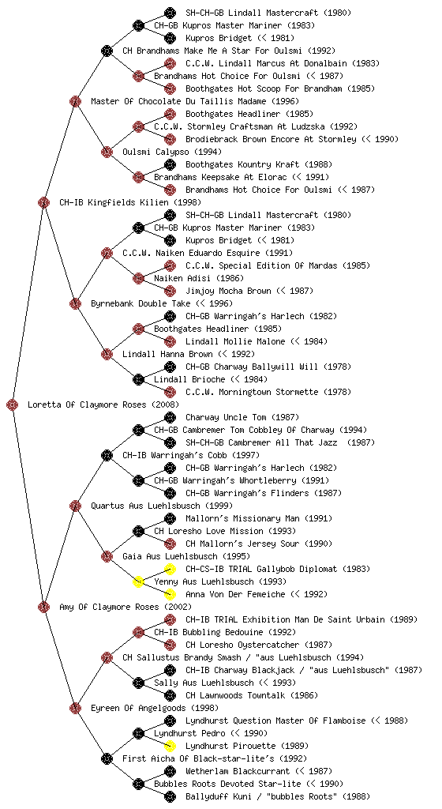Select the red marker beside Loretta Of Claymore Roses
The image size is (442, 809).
(13, 404)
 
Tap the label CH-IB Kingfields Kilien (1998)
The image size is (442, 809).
(130, 202)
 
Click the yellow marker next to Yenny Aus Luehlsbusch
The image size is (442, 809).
(138, 581)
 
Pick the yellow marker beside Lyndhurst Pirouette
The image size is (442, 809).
(170, 746)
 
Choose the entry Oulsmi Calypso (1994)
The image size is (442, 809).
(172, 152)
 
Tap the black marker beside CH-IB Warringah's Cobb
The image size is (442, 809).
(107, 455)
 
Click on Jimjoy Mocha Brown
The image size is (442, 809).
(228, 291)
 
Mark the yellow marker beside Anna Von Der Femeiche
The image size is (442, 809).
(170, 594)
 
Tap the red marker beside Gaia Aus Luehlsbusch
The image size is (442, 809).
(107, 556)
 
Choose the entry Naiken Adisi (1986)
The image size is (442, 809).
(192, 278)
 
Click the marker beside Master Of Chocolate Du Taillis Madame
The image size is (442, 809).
(75, 101)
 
